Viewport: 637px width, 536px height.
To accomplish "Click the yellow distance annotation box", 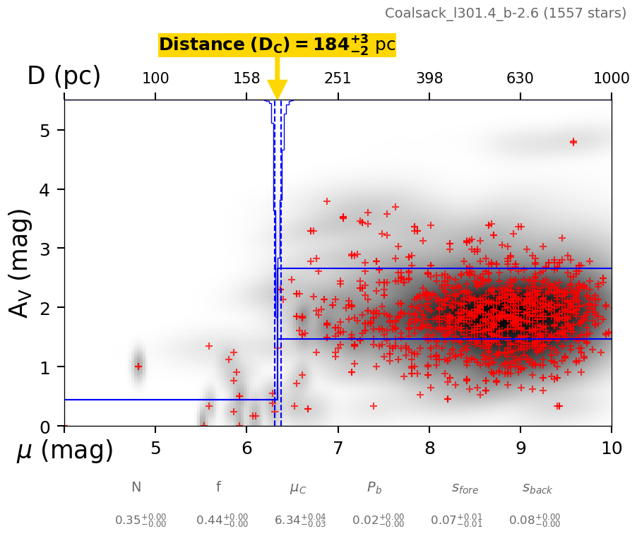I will tap(277, 45).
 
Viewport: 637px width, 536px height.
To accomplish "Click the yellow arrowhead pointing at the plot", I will tap(278, 90).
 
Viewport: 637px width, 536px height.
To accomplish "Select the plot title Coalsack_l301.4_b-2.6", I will tap(505, 13).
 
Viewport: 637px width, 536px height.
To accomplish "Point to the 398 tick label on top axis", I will tap(429, 78).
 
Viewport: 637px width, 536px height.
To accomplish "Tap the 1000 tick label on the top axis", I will tap(611, 78).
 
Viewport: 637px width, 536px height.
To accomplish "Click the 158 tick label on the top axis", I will tap(246, 78).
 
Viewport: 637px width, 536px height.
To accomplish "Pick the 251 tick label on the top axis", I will tap(338, 78).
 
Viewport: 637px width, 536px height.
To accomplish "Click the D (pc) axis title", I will tap(64, 76).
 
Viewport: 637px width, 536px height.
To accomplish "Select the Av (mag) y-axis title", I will tap(20, 263).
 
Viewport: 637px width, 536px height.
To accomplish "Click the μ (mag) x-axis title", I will tap(65, 451).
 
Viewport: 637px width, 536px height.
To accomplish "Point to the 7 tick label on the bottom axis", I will tap(338, 447).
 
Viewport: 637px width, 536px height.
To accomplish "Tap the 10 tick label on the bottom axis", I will tap(611, 447).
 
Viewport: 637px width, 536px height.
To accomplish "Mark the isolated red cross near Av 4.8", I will tap(573, 142).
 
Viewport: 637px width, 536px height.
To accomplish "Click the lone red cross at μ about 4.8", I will tap(138, 367).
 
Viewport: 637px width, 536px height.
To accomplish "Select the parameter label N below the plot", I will tap(136, 487).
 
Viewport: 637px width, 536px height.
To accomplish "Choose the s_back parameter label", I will tap(537, 488).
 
